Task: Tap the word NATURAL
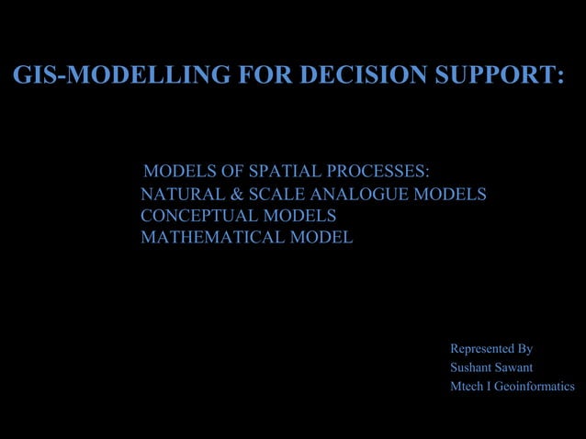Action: pyautogui.click(x=182, y=195)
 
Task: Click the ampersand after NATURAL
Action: pyautogui.click(x=235, y=195)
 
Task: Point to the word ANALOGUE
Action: pyautogui.click(x=363, y=195)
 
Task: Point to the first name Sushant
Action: pyautogui.click(x=468, y=368)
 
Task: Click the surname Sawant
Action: pyautogui.click(x=512, y=368)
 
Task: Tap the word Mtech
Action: pyautogui.click(x=468, y=387)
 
